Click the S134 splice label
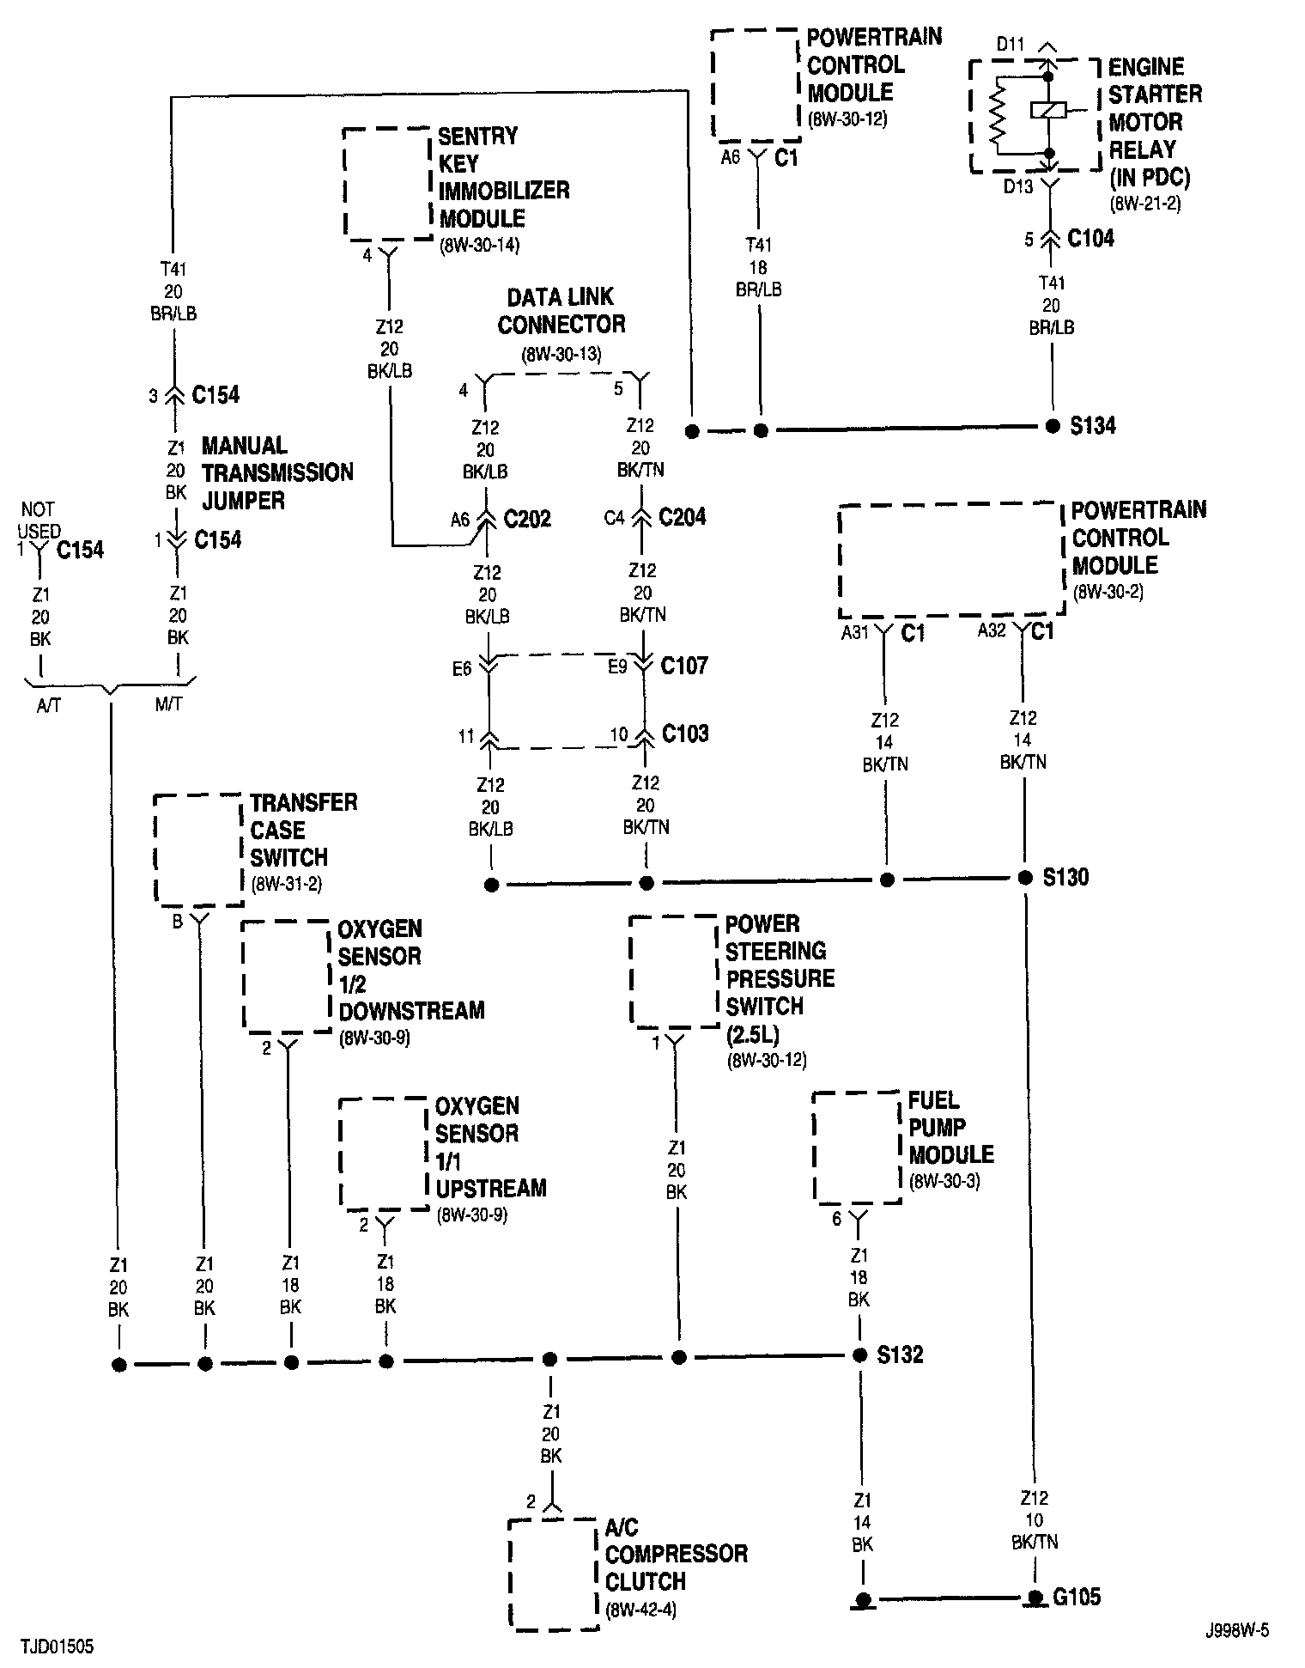click(x=1093, y=425)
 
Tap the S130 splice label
click(x=1066, y=877)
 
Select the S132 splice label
click(x=900, y=1354)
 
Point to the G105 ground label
click(x=1077, y=1597)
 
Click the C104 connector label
click(x=1090, y=238)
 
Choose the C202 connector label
click(x=527, y=519)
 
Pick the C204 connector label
click(x=683, y=517)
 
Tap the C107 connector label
click(x=684, y=666)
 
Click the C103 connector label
click(x=685, y=734)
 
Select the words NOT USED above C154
click(x=39, y=520)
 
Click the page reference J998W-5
click(x=1235, y=1630)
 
